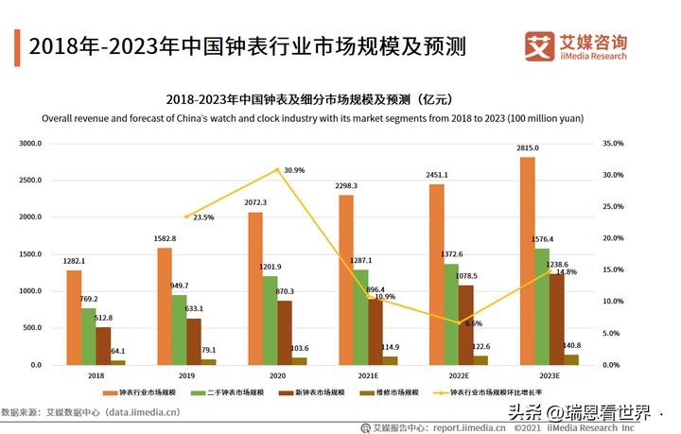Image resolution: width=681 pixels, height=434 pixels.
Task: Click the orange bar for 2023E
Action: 528,261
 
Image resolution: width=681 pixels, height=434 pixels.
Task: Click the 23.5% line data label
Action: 202,217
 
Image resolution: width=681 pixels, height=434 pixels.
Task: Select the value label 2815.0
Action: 527,148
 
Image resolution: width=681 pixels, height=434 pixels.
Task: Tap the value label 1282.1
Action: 73,261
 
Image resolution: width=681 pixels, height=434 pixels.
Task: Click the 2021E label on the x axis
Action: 368,375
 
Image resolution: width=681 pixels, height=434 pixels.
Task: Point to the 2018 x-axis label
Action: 96,375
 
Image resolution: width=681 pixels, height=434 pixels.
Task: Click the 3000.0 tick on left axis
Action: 32,144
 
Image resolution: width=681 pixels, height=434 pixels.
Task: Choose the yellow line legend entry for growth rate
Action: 501,391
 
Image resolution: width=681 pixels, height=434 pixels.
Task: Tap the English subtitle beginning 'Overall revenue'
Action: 312,119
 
